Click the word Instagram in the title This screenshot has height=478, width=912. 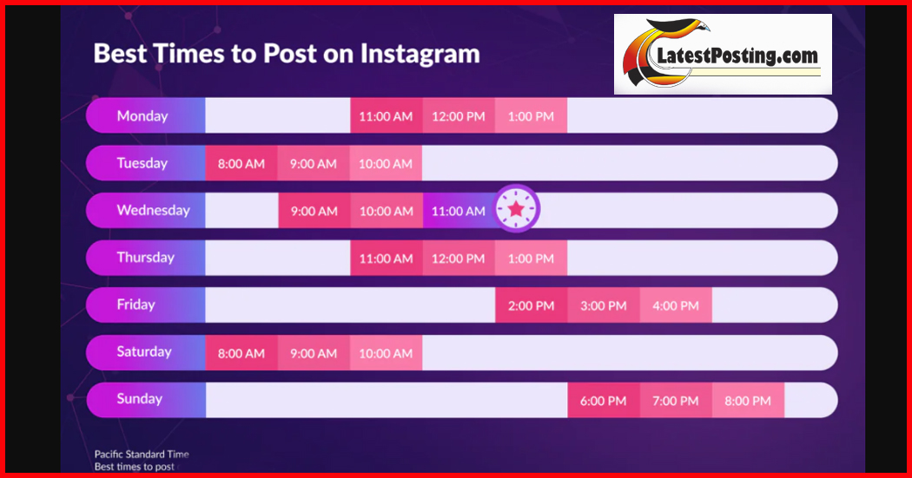420,55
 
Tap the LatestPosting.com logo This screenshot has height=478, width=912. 723,54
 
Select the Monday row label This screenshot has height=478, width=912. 142,115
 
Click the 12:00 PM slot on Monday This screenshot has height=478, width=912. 459,115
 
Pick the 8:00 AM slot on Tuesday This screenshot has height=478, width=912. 241,163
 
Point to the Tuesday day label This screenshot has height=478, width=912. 142,163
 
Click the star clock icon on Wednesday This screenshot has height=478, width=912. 517,208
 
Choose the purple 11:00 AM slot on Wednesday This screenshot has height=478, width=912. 459,210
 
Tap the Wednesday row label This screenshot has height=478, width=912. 154,210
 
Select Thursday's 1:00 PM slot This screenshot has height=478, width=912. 531,258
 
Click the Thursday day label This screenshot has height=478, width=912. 145,258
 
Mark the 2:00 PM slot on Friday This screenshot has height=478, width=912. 531,304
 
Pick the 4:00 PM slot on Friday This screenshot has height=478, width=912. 676,304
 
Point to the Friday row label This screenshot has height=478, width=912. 136,304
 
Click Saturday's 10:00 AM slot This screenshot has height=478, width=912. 387,352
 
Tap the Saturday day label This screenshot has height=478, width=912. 144,351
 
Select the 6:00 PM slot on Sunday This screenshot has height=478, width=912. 604,400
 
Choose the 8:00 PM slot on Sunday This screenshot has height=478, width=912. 748,400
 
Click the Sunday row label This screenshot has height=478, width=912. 140,399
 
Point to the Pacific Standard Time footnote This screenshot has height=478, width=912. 142,455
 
